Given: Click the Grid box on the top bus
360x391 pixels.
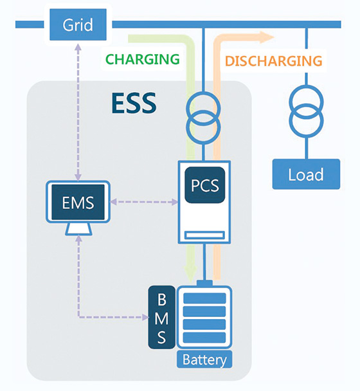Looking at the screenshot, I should click(x=78, y=25).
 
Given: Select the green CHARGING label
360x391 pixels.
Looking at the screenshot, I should click(x=142, y=59).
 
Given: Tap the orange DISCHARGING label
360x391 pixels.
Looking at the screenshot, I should click(x=273, y=61).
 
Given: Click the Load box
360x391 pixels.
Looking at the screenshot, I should click(x=305, y=174).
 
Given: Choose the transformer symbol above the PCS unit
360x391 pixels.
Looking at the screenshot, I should click(x=204, y=114).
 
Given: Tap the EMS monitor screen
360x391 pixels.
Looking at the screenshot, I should click(x=78, y=203).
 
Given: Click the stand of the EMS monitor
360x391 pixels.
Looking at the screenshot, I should click(x=78, y=230).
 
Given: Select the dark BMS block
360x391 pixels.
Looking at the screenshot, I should click(x=161, y=318).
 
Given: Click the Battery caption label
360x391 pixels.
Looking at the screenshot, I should click(x=204, y=359).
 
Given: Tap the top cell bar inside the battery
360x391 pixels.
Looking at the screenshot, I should click(x=204, y=298).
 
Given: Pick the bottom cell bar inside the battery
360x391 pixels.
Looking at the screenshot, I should click(x=204, y=338).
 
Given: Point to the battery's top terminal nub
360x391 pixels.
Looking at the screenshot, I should click(x=204, y=284).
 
